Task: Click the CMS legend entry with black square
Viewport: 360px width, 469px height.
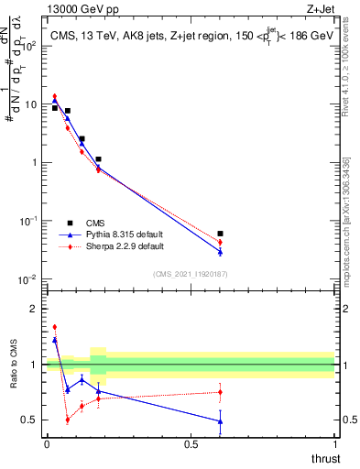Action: (x=95, y=223)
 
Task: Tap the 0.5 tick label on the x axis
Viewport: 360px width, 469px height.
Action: (x=191, y=443)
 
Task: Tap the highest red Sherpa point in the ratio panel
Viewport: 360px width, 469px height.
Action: (x=55, y=326)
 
